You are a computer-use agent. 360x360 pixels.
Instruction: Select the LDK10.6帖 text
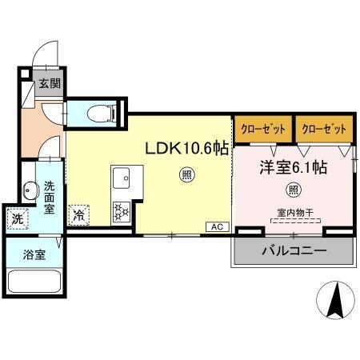point(186,148)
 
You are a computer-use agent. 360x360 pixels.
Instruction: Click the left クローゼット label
point(263,129)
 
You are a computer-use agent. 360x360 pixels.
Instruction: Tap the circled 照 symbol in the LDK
point(186,175)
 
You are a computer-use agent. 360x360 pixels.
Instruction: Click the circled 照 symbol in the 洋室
point(293,191)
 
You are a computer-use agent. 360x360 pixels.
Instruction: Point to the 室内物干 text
point(293,212)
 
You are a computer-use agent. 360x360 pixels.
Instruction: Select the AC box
point(216,226)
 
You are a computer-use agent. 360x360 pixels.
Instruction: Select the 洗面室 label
point(49,198)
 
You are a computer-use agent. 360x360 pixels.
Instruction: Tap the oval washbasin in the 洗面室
point(30,192)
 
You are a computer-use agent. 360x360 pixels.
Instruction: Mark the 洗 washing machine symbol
point(17,218)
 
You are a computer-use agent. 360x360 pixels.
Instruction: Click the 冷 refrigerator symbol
point(79,214)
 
